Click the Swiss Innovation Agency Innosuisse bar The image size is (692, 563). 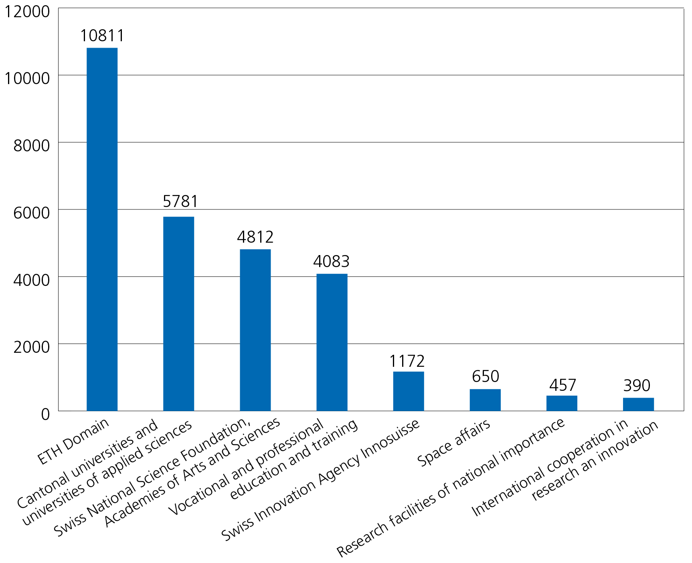point(408,391)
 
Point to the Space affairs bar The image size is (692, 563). point(485,400)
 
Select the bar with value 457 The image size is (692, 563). point(561,403)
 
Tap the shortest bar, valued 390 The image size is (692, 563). point(638,404)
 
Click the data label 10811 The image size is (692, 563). point(102,36)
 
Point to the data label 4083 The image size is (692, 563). point(331,261)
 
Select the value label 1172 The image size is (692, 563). point(407,361)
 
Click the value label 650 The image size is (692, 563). point(485,376)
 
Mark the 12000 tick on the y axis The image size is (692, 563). point(27,12)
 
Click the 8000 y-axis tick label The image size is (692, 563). point(32,145)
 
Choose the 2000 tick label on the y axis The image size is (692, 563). point(32,347)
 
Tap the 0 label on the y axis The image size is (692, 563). point(45,414)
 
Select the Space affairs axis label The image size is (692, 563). point(454,442)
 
